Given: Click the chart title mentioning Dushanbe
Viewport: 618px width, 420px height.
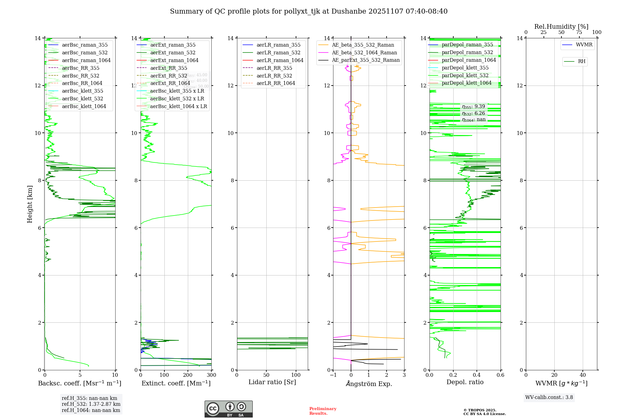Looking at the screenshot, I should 309,11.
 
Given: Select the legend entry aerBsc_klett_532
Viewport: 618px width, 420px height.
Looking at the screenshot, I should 83,99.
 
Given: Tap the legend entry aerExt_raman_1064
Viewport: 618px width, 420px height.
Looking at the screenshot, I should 174,61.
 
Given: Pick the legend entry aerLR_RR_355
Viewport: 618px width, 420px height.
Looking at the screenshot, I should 274,68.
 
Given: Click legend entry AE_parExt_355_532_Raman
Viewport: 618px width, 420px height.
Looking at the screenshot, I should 366,60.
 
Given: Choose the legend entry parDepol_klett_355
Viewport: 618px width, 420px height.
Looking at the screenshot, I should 465,68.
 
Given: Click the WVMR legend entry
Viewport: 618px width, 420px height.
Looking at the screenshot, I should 584,45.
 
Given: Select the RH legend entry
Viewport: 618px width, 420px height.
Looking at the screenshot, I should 582,61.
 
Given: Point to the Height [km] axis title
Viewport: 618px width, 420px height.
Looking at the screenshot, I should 30,204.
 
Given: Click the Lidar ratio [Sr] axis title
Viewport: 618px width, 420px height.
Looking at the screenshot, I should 272,382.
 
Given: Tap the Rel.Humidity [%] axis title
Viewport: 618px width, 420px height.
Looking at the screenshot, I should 561,27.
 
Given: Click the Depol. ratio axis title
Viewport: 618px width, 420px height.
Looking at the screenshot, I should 465,382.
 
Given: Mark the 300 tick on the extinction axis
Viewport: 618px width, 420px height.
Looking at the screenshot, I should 212,375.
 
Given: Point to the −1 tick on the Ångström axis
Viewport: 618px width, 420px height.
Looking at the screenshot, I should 333,375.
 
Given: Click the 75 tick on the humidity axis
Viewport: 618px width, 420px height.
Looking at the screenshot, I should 579,32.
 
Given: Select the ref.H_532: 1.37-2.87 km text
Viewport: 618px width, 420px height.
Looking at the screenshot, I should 91,404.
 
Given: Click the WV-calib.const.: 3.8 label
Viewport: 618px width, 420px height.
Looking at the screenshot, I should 549,397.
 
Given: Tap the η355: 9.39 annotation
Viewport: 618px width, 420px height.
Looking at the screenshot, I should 473,107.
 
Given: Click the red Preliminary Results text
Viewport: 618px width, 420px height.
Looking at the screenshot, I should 323,411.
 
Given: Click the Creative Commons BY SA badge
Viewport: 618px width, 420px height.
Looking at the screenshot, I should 228,409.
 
